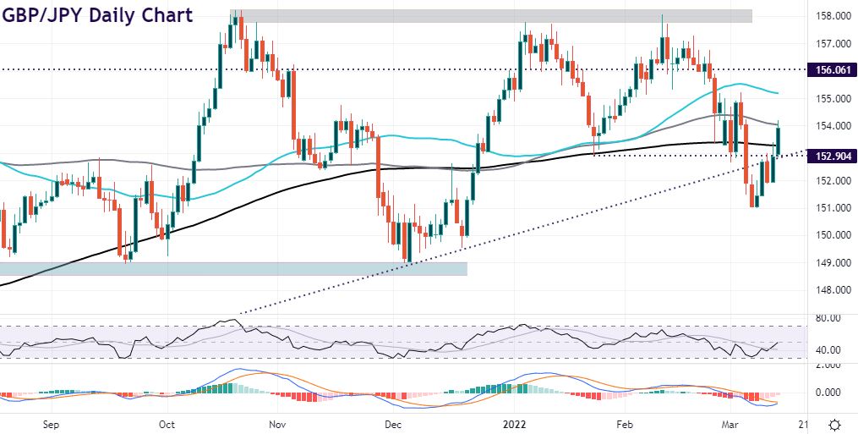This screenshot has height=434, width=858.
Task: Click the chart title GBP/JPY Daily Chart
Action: (96, 15)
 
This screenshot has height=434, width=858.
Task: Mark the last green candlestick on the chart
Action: (779, 140)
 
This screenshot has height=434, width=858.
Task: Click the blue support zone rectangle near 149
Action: (232, 268)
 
